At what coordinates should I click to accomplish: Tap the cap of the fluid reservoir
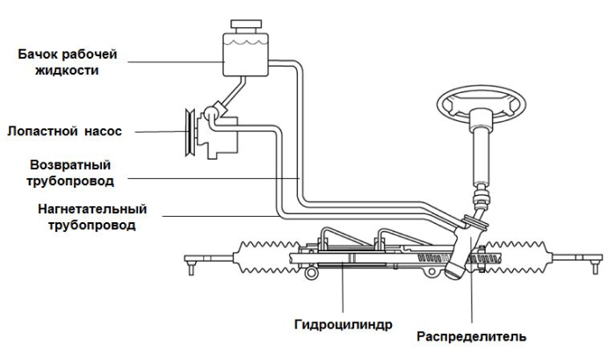(x=243, y=25)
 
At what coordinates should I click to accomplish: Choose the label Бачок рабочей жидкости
(x=68, y=61)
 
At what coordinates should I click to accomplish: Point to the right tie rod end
(x=597, y=261)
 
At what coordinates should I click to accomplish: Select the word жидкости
(x=68, y=69)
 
